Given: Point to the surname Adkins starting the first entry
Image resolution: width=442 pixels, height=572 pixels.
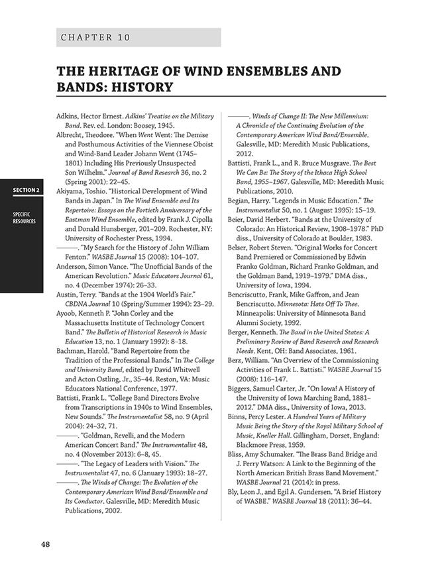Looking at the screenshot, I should coord(70,116).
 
